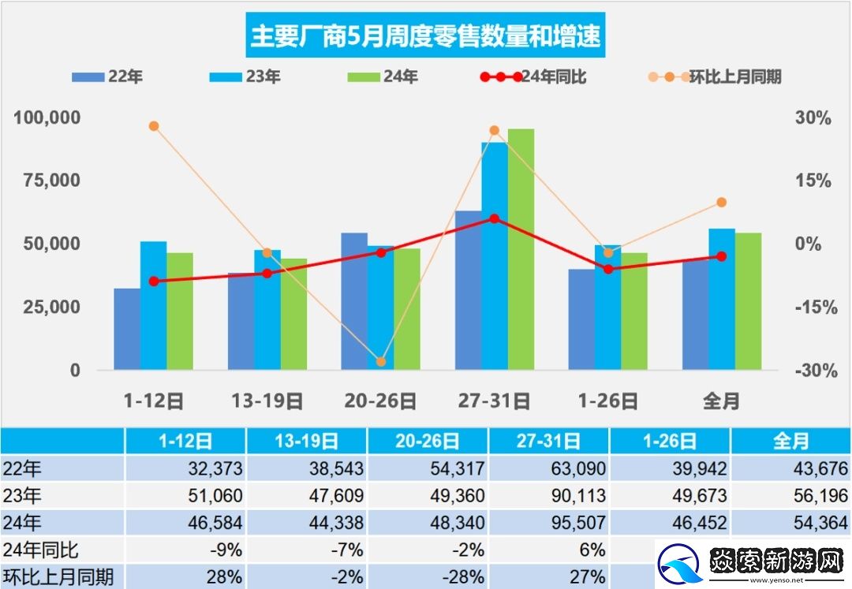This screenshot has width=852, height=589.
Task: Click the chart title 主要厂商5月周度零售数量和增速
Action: [x=425, y=35]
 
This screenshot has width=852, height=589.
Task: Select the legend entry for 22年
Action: [x=106, y=77]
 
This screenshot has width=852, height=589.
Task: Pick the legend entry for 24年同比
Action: [x=532, y=77]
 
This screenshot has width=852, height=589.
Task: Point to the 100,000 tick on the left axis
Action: [x=47, y=118]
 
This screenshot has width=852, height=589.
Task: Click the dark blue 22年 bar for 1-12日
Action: [x=127, y=329]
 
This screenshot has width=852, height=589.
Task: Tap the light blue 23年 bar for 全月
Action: [x=721, y=299]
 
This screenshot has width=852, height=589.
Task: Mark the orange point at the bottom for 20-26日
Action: [x=381, y=362]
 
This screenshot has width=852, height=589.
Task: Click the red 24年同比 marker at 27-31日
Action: [x=495, y=218]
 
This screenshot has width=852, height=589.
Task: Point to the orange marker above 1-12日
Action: [x=154, y=126]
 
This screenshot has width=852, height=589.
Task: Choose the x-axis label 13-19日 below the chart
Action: [x=267, y=401]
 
